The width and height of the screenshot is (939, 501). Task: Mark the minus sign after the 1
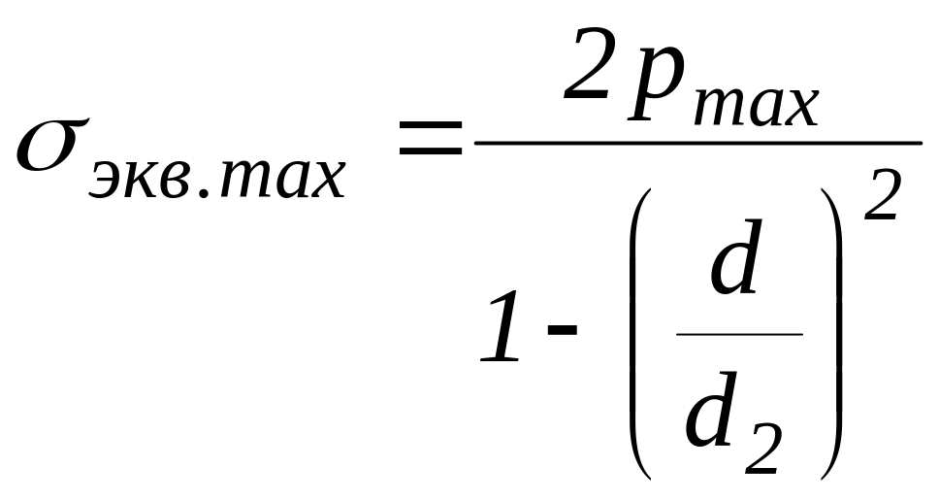pyautogui.click(x=562, y=331)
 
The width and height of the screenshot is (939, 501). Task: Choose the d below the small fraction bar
pyautogui.click(x=713, y=415)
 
